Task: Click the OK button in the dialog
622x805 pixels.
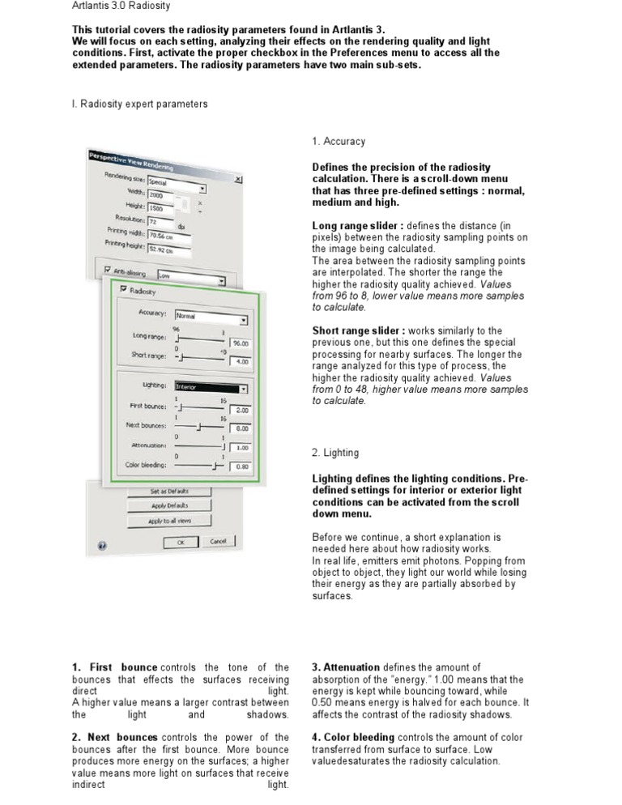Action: pos(181,542)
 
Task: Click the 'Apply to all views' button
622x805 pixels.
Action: pos(168,521)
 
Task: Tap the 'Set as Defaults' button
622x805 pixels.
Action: pos(168,492)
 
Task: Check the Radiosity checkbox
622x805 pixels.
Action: pos(123,289)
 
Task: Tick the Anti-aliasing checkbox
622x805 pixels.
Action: pos(108,271)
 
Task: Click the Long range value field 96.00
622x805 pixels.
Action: pos(241,343)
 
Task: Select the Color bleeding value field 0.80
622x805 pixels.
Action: pos(241,466)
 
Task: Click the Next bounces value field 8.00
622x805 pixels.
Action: pos(241,428)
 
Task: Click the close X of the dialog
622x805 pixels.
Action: pos(238,179)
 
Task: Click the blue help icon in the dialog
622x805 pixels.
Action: pos(102,545)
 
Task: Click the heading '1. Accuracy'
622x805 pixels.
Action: pos(339,142)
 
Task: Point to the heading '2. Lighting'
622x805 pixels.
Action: pos(335,454)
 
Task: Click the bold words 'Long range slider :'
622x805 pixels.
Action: pos(357,225)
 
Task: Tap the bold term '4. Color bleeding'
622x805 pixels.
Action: pos(354,738)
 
